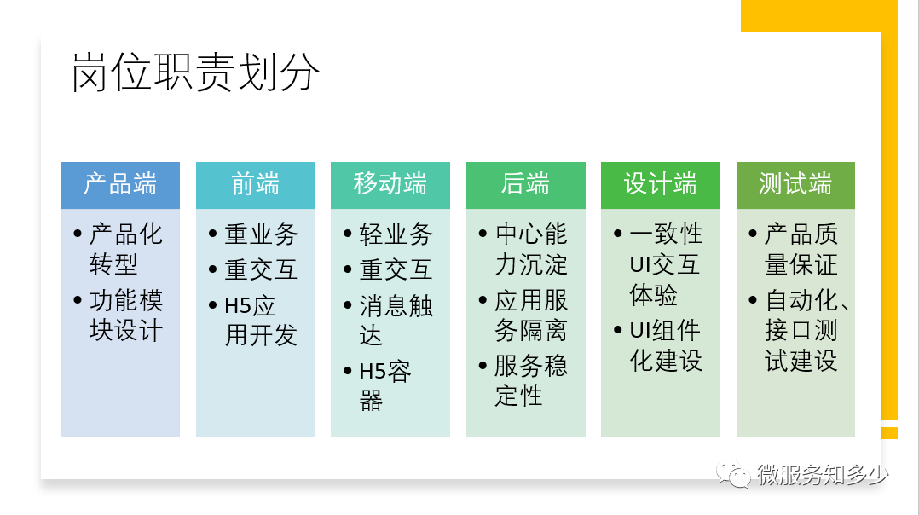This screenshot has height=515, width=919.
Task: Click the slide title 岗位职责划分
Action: click(x=195, y=72)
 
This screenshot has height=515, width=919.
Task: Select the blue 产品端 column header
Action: click(x=121, y=185)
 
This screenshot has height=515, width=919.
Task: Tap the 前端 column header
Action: click(x=256, y=185)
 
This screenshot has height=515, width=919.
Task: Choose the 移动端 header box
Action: click(x=390, y=185)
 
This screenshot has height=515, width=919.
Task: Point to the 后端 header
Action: click(x=526, y=185)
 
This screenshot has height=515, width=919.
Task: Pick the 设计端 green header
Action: click(x=661, y=185)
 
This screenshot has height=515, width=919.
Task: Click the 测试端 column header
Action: click(x=796, y=185)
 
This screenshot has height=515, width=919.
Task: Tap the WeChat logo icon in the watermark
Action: click(x=733, y=473)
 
